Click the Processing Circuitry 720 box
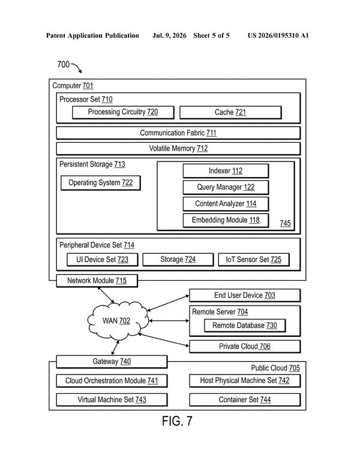123,112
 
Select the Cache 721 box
230,112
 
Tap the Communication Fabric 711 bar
178,133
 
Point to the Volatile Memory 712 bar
178,148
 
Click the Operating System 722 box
101,183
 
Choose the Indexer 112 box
226,170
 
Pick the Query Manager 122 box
226,187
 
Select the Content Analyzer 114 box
226,203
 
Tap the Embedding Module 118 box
226,220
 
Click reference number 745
286,223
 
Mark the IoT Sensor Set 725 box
254,259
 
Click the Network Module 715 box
97,280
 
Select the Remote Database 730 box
245,325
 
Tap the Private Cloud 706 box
245,346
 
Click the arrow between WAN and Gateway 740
115,348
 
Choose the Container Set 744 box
245,400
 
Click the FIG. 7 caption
177,421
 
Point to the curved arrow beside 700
77,68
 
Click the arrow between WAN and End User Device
168,303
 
